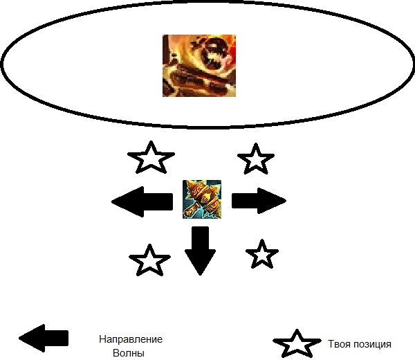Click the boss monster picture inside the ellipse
199,66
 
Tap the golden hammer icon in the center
202,199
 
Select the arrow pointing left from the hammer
142,201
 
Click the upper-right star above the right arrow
255,159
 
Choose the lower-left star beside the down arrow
149,260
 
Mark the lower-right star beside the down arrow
262,254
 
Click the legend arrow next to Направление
44,338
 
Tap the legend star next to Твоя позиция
297,344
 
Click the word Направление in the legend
130,340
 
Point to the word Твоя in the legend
340,344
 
